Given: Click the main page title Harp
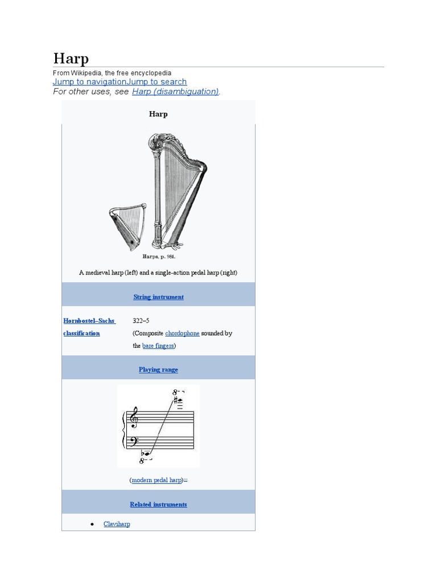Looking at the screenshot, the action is tap(71, 59).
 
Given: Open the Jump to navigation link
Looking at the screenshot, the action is tap(89, 82).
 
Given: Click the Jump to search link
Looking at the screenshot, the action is tap(157, 82).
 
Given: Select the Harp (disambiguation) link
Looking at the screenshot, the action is tap(175, 92).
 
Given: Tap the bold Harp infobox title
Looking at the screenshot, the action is tap(158, 114).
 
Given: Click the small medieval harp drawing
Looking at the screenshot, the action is tap(127, 227).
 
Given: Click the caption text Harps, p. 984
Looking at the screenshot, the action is tap(159, 257).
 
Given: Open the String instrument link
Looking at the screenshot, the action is tap(158, 297).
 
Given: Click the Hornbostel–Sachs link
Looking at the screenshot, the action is tap(89, 321).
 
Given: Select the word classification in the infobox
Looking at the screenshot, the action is tap(81, 334).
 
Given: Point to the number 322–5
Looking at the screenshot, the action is tap(141, 321).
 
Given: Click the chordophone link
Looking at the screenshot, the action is tap(182, 334).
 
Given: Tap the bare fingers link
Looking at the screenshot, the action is tap(158, 346).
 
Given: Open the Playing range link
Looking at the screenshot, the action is tap(158, 369).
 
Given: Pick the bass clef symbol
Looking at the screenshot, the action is tap(133, 441).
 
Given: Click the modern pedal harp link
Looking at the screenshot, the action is tap(157, 480).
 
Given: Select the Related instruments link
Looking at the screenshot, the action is tap(158, 504).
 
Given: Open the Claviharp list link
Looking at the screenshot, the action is tap(117, 524).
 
